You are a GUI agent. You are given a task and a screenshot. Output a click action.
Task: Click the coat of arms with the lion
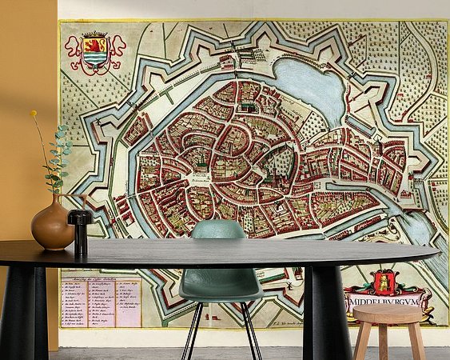(x=94, y=51)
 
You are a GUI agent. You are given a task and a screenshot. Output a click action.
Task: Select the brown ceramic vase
(x=53, y=227)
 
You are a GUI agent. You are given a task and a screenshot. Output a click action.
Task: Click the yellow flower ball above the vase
(x=34, y=114)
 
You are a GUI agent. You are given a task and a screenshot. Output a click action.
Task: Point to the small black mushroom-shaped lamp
(x=80, y=228)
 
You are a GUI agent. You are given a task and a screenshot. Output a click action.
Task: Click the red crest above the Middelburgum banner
(x=383, y=282)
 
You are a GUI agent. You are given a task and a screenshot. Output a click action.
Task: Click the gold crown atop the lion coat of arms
(x=94, y=35)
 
